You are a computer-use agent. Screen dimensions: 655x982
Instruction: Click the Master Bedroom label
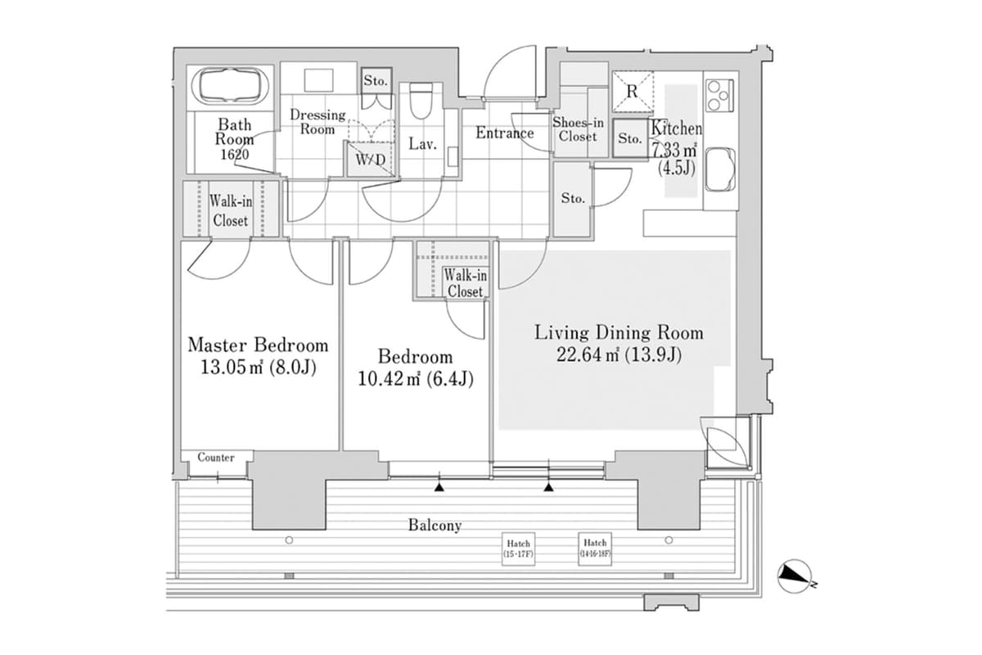[258, 345]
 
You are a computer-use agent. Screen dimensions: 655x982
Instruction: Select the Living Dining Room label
[619, 333]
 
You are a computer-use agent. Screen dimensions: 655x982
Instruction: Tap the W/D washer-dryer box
[370, 159]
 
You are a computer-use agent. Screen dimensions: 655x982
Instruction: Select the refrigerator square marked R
[632, 91]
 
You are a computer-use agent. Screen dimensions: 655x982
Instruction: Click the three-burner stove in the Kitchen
[718, 95]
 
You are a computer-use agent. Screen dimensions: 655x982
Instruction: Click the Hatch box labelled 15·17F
[518, 548]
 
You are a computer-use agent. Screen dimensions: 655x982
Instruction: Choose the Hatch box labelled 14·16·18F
[595, 548]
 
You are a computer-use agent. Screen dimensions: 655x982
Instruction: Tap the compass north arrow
[793, 576]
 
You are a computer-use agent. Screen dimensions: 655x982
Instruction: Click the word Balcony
[435, 526]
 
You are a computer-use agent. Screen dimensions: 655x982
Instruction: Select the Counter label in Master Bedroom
[216, 458]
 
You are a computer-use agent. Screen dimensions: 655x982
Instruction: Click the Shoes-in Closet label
[579, 129]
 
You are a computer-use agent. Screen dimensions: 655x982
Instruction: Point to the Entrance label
[504, 133]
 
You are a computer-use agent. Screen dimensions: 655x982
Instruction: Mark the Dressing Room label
[318, 122]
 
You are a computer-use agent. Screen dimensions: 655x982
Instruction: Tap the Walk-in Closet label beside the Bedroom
[465, 283]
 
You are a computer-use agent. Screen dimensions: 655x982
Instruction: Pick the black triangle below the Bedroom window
[439, 488]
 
